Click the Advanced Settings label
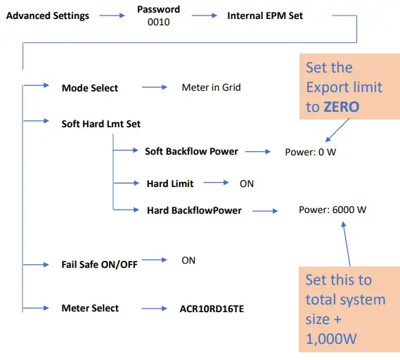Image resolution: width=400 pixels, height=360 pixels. (x=48, y=15)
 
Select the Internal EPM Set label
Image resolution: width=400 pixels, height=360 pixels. (x=265, y=15)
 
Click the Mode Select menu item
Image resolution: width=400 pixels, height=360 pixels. (x=90, y=88)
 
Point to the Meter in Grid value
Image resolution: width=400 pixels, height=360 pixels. (x=211, y=88)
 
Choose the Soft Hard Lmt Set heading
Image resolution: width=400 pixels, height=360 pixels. (x=101, y=124)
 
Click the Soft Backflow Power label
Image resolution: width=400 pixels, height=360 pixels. (x=191, y=151)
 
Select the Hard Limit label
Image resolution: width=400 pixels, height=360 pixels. (x=170, y=183)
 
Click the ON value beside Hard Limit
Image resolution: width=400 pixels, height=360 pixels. (x=247, y=183)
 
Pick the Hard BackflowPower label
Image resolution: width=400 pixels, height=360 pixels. (x=194, y=210)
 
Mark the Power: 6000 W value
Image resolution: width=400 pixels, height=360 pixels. (x=333, y=210)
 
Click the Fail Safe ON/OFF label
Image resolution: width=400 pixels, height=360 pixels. (x=100, y=264)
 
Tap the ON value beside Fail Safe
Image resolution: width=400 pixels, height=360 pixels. (x=188, y=260)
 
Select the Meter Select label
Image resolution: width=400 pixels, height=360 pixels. (x=90, y=308)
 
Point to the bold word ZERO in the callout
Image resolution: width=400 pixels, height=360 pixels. (x=341, y=106)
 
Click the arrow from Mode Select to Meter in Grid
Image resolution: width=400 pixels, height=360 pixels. (x=153, y=88)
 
